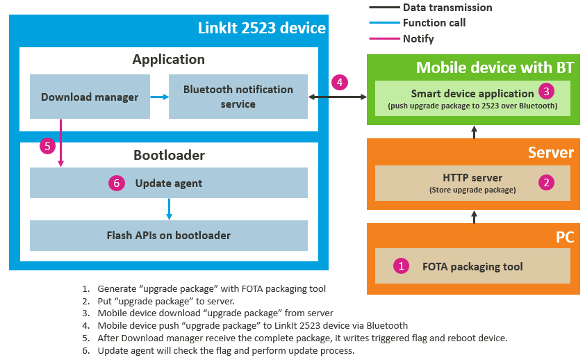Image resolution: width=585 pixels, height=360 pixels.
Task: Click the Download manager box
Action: coord(90,97)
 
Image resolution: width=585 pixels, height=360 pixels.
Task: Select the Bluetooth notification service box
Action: coord(238,97)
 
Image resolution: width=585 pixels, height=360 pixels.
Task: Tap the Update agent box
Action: coord(169,183)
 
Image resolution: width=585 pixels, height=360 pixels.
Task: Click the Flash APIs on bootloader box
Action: coord(169,235)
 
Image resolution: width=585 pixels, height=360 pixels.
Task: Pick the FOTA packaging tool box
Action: coord(472,265)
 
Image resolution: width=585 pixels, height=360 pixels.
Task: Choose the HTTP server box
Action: coord(472,183)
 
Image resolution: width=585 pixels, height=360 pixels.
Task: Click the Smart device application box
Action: coord(472,98)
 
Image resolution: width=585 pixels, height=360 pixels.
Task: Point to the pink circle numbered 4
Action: coord(339,82)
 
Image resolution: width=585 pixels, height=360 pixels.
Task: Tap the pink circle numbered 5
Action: coord(47,146)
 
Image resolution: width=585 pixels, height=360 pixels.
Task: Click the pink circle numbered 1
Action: coord(400,265)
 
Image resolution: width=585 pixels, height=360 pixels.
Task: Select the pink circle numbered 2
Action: coord(547,183)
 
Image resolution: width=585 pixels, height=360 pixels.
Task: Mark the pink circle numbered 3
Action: coord(547,91)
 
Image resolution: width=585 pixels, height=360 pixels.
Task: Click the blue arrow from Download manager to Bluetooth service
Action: coord(160,97)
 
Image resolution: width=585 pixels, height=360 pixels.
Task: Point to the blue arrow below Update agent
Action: coord(169,208)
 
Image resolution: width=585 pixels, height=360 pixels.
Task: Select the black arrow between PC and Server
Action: coord(475,217)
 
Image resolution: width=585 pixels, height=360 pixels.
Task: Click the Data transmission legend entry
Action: coord(447,8)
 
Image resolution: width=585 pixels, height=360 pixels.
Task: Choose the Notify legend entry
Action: coord(418,39)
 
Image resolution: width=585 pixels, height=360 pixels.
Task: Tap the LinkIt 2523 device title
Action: coord(261,28)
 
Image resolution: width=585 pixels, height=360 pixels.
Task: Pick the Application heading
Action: coord(169,59)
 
